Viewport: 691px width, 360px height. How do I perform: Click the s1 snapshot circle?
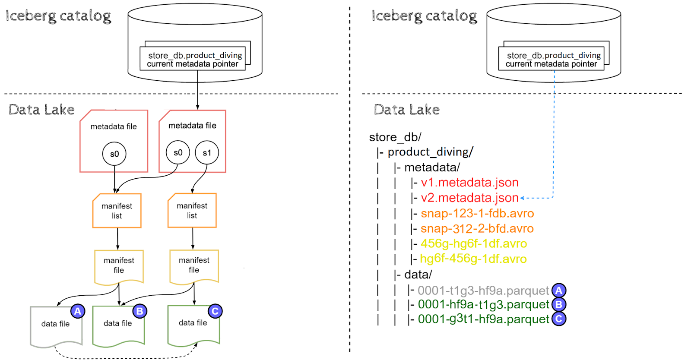click(207, 153)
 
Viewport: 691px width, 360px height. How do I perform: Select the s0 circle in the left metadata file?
click(114, 154)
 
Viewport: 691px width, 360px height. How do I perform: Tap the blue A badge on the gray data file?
click(77, 311)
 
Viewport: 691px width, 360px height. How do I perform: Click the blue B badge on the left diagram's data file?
click(139, 311)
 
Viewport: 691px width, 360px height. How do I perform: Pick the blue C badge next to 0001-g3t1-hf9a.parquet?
click(559, 319)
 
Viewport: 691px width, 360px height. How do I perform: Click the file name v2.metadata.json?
click(469, 198)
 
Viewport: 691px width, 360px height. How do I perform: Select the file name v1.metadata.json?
click(469, 183)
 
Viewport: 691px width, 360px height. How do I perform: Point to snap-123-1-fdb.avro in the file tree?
click(477, 213)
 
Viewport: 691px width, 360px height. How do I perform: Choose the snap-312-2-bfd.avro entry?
click(477, 228)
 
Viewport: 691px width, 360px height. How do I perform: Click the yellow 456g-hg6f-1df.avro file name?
click(474, 243)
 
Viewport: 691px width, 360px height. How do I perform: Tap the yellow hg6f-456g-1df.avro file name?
click(473, 259)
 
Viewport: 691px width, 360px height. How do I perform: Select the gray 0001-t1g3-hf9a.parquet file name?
click(483, 291)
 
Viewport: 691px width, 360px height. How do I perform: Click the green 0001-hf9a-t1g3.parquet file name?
click(483, 305)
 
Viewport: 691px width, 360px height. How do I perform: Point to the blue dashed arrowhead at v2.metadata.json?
click(523, 198)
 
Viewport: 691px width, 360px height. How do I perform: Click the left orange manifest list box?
click(117, 211)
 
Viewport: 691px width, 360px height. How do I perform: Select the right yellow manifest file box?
click(194, 265)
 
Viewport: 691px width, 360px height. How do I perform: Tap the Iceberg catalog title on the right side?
click(424, 16)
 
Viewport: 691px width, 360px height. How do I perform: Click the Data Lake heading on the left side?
click(41, 110)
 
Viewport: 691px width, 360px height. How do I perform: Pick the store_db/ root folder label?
click(395, 137)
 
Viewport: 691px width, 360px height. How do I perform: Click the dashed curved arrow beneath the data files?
click(125, 357)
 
